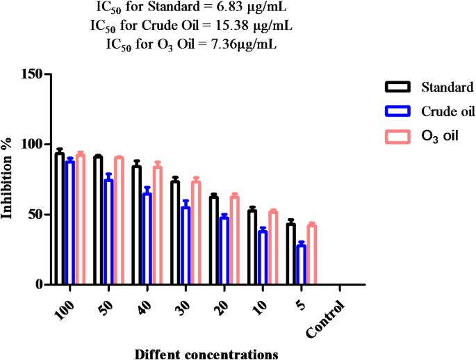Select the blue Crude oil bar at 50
108,232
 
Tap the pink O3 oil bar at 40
158,226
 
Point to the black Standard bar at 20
214,240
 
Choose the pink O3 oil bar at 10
273,248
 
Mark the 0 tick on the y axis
39,285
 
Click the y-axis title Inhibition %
8,179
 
